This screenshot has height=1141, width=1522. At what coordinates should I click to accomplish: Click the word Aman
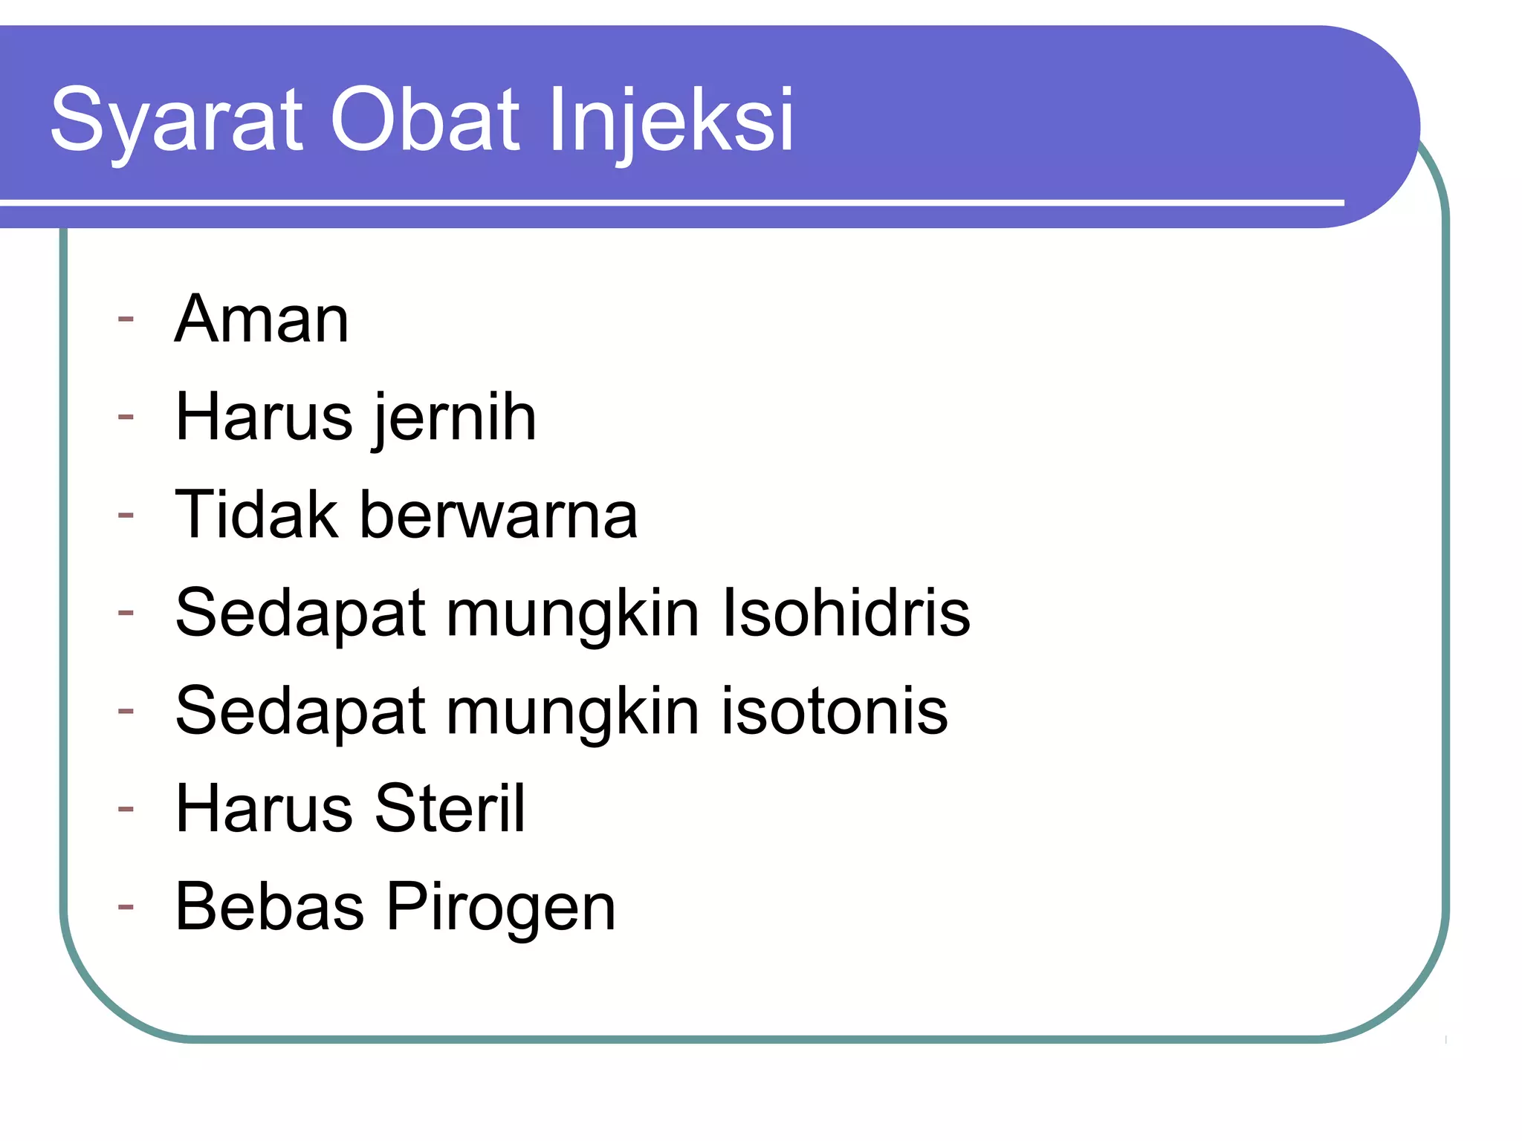[262, 319]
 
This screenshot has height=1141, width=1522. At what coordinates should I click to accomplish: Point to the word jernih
[455, 418]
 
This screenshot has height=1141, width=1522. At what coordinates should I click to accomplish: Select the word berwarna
[499, 515]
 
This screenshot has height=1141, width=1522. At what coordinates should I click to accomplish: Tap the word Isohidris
[846, 613]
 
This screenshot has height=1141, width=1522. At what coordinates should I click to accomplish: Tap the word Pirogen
[502, 908]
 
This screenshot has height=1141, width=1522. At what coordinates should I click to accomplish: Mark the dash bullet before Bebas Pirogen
[126, 907]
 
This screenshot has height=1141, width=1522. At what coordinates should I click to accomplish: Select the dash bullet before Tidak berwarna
[126, 515]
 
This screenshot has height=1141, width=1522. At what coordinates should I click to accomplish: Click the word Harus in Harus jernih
[264, 417]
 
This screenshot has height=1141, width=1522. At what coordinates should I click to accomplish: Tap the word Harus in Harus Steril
[264, 809]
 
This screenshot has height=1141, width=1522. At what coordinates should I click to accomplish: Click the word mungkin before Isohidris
[572, 614]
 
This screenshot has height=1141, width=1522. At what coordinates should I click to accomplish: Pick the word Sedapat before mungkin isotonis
[299, 712]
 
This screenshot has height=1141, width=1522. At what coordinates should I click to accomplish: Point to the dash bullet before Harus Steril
[126, 809]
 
